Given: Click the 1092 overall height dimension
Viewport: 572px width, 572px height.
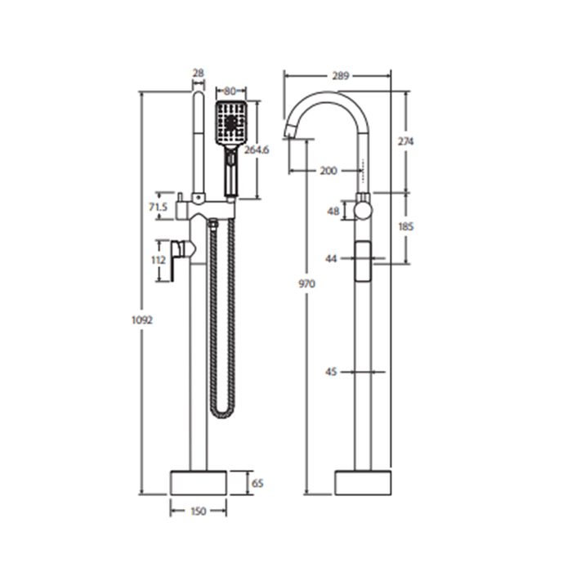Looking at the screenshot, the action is pos(142,320).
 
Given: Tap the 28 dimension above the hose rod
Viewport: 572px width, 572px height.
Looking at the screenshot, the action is pos(198,73).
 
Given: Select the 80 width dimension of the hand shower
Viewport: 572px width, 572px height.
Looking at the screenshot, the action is pos(231,91).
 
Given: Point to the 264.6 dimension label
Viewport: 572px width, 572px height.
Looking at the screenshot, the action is pos(257,150).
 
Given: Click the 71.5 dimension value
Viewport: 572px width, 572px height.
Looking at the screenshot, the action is pos(158,207).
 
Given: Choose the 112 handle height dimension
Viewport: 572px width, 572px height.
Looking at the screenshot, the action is pos(159,260).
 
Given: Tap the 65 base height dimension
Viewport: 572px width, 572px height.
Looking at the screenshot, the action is pos(257,483).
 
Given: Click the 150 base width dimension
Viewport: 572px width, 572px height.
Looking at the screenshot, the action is pos(199,511).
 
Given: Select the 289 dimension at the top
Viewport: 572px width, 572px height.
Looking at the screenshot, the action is pos(341,76).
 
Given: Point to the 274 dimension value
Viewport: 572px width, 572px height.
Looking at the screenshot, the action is pos(405,141).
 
